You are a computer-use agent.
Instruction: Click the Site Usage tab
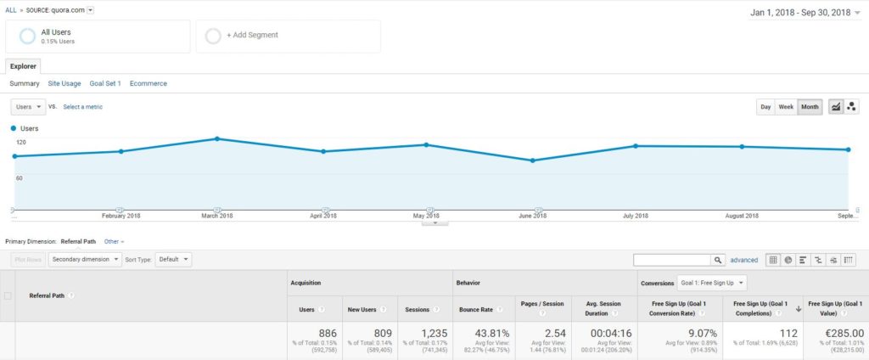[x=64, y=83]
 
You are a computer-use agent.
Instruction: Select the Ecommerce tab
[x=149, y=83]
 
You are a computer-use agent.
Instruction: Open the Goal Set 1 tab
[x=105, y=83]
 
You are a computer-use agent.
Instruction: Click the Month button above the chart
[x=810, y=107]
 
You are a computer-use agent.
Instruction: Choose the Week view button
[x=786, y=107]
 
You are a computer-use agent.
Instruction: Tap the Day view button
[x=765, y=107]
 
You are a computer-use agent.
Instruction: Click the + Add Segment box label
[x=252, y=35]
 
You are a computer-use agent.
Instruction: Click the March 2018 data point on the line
[x=217, y=138]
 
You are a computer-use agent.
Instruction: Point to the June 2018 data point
[x=532, y=160]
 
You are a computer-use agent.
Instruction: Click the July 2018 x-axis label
[x=636, y=216]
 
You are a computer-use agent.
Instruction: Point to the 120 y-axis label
[x=20, y=143]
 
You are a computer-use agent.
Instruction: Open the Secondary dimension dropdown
[x=83, y=259]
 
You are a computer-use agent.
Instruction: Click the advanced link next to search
[x=744, y=260]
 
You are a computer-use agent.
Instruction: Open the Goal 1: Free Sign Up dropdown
[x=711, y=282]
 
